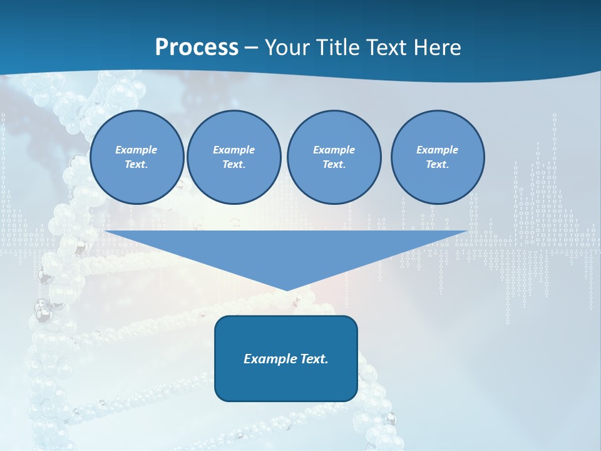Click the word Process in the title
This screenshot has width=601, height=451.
(x=197, y=47)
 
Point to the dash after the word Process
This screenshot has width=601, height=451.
(x=252, y=48)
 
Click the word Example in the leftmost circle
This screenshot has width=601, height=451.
(x=136, y=150)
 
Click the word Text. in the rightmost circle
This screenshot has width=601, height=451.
(x=438, y=164)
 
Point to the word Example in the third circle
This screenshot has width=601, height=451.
(x=334, y=150)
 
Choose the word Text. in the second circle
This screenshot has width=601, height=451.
(x=234, y=164)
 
